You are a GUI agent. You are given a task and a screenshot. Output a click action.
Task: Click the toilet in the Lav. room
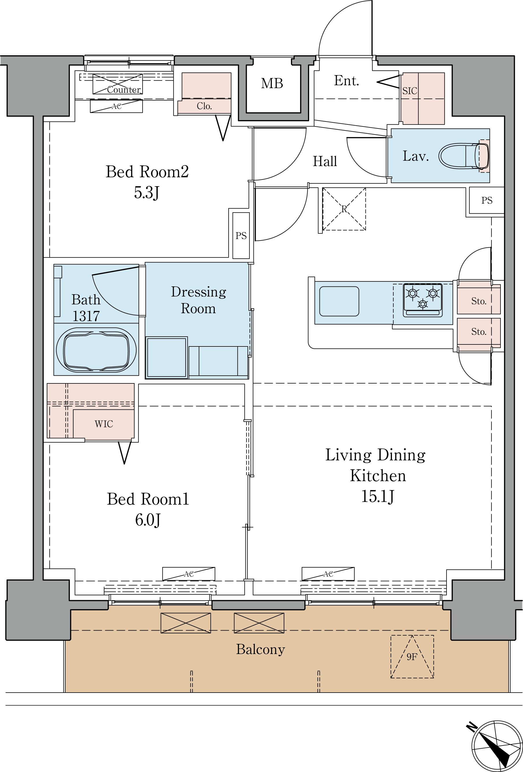coord(464,156)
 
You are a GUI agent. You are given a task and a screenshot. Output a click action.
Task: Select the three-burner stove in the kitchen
coord(423,300)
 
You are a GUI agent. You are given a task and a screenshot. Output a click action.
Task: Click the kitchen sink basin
coord(339,301)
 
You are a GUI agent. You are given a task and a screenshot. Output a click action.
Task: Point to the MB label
coord(272,83)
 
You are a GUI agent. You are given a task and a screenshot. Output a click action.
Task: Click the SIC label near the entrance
coord(410,91)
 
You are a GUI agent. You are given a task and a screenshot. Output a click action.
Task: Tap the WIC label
coord(104,424)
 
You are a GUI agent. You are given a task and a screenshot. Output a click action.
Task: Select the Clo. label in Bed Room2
coord(204,106)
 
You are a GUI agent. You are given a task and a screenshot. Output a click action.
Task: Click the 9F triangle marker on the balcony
coord(412,657)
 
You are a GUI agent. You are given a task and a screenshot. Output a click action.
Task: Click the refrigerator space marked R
coord(344,209)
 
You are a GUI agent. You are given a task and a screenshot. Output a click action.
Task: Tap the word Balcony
coord(261,649)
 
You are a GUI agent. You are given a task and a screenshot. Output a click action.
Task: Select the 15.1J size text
coord(378,497)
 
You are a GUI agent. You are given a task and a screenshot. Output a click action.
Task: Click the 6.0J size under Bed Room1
coord(148,520)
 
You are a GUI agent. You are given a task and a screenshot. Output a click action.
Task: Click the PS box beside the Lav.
coord(487,200)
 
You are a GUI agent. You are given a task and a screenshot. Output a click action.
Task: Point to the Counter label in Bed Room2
coord(124,90)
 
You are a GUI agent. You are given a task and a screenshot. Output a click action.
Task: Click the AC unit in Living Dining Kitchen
coord(328,574)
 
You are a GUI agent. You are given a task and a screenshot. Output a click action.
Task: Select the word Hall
coord(325,161)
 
